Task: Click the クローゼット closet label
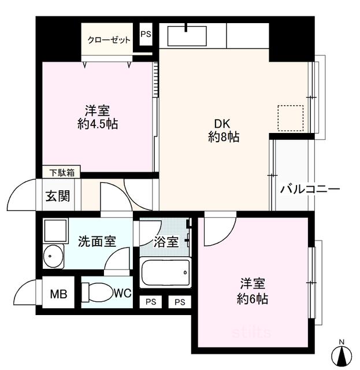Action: coord(109,40)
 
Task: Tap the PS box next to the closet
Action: coord(146,34)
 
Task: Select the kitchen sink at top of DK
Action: coord(187,36)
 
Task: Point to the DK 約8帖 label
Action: coord(223,130)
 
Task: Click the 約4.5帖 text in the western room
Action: coord(98,124)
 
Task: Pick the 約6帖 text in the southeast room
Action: coord(252,299)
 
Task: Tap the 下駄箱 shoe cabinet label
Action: coord(62,173)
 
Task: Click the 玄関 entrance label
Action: coord(58,196)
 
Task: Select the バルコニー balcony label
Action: coord(310,189)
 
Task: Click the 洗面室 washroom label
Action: coord(97,241)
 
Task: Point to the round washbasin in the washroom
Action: coord(53,256)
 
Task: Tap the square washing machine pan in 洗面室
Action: coord(55,231)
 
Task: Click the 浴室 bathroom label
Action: coord(166,242)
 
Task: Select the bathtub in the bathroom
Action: coord(165,272)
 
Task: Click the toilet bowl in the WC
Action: coord(98,293)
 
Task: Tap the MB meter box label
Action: coord(58,294)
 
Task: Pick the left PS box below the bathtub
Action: coord(150,302)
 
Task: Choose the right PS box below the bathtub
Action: coord(180,302)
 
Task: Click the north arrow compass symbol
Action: coord(342,355)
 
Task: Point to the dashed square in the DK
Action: coord(291,118)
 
